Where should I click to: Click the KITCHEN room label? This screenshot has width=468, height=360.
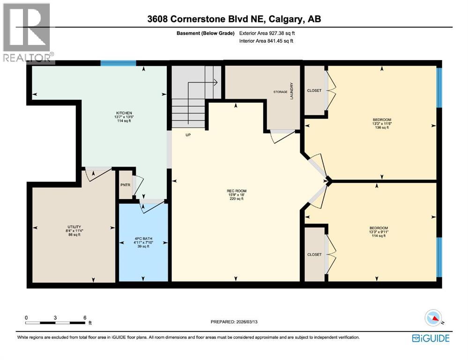pyautogui.click(x=124, y=113)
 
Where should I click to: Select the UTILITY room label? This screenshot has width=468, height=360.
pyautogui.click(x=74, y=227)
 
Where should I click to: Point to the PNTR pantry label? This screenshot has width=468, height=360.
pyautogui.click(x=126, y=185)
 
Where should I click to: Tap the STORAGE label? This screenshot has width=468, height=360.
pyautogui.click(x=280, y=92)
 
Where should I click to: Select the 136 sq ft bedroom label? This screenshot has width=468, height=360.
pyautogui.click(x=382, y=120)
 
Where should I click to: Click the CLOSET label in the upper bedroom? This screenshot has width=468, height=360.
pyautogui.click(x=314, y=90)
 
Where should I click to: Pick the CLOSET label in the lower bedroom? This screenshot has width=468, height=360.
pyautogui.click(x=314, y=255)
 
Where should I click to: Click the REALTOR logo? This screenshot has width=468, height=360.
pyautogui.click(x=27, y=32)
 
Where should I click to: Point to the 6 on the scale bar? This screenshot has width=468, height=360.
pyautogui.click(x=85, y=317)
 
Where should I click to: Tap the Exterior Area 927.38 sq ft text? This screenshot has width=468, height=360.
pyautogui.click(x=267, y=33)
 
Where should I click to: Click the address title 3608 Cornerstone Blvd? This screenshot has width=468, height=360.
pyautogui.click(x=234, y=19)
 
